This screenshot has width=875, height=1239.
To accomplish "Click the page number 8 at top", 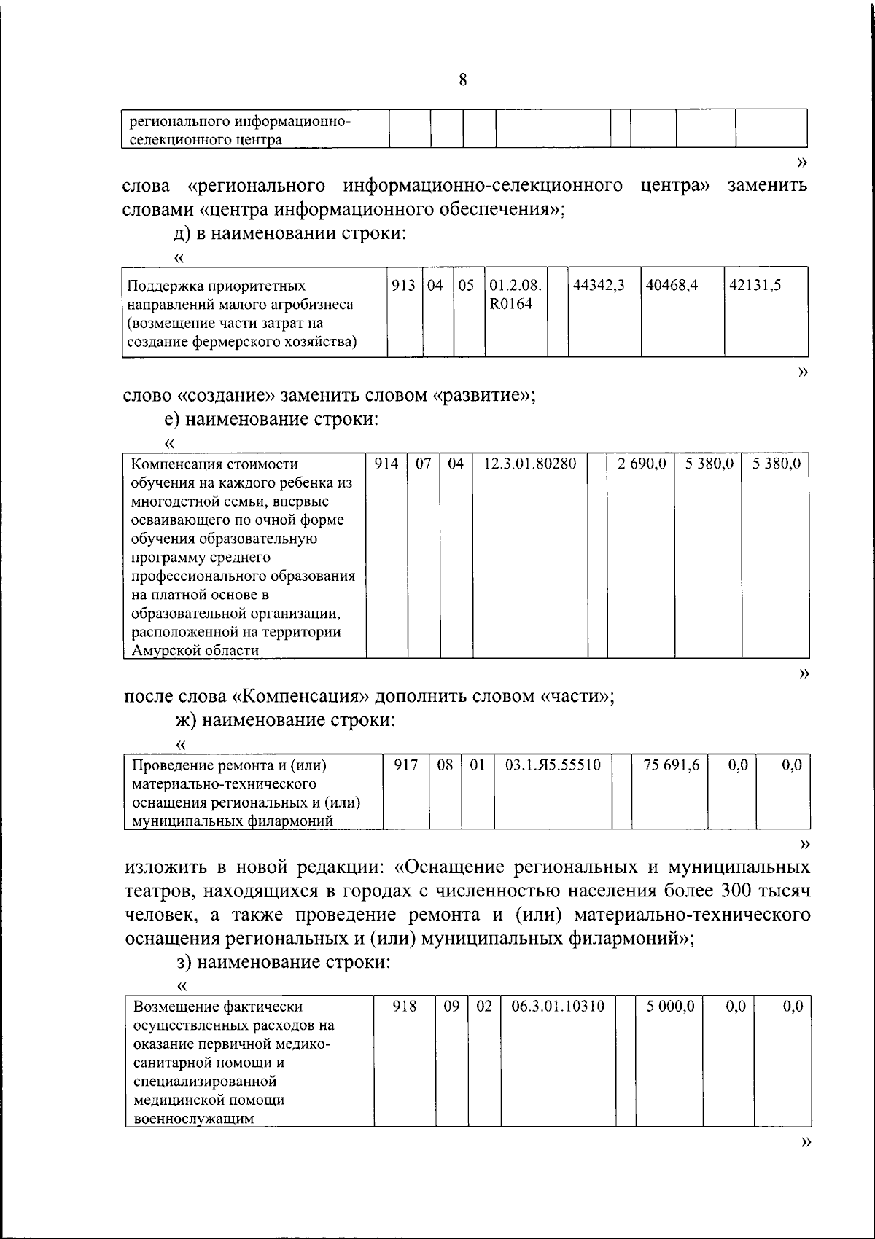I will (x=463, y=80).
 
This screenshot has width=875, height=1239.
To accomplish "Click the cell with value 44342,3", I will (x=599, y=286).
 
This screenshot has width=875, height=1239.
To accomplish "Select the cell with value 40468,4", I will (x=671, y=286).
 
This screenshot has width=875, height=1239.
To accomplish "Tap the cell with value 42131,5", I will (x=755, y=286).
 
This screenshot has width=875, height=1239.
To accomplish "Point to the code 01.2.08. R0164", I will (x=515, y=294).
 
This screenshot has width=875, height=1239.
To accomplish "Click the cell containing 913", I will (x=403, y=286).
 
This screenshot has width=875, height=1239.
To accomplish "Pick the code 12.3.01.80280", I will (x=530, y=464).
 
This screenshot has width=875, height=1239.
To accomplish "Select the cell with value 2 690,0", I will (x=642, y=464).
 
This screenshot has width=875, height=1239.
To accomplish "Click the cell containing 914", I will (x=386, y=464).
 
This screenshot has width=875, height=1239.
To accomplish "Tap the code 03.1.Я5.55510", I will (x=553, y=765).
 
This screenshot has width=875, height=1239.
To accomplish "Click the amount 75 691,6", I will (x=672, y=765).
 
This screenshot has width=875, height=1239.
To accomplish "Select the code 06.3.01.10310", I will (x=558, y=1006).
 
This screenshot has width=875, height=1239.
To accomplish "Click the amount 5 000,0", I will (x=670, y=1006).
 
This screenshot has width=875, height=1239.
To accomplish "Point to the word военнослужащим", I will (x=192, y=1119).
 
